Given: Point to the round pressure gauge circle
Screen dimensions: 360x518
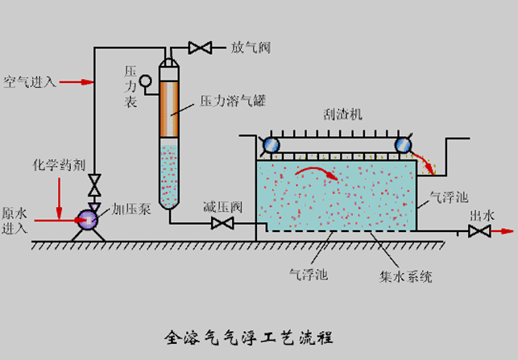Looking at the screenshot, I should point(146,80).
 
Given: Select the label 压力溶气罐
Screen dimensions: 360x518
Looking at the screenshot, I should point(233,101).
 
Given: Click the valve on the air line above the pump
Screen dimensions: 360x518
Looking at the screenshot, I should point(94,184).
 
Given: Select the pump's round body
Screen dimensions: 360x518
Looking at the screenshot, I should point(85,217).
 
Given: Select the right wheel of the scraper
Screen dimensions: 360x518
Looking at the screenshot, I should point(402,145).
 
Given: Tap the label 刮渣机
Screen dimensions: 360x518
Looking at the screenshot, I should point(344,114).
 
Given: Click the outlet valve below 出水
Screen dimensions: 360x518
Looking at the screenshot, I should point(480,232).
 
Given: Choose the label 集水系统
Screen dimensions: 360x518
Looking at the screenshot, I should point(407,276).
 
